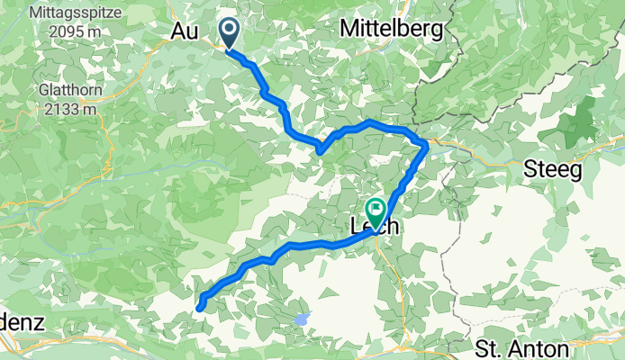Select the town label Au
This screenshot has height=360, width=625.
185,31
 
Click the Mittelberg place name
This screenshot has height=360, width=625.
391,30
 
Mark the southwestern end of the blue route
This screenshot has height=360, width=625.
199,308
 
